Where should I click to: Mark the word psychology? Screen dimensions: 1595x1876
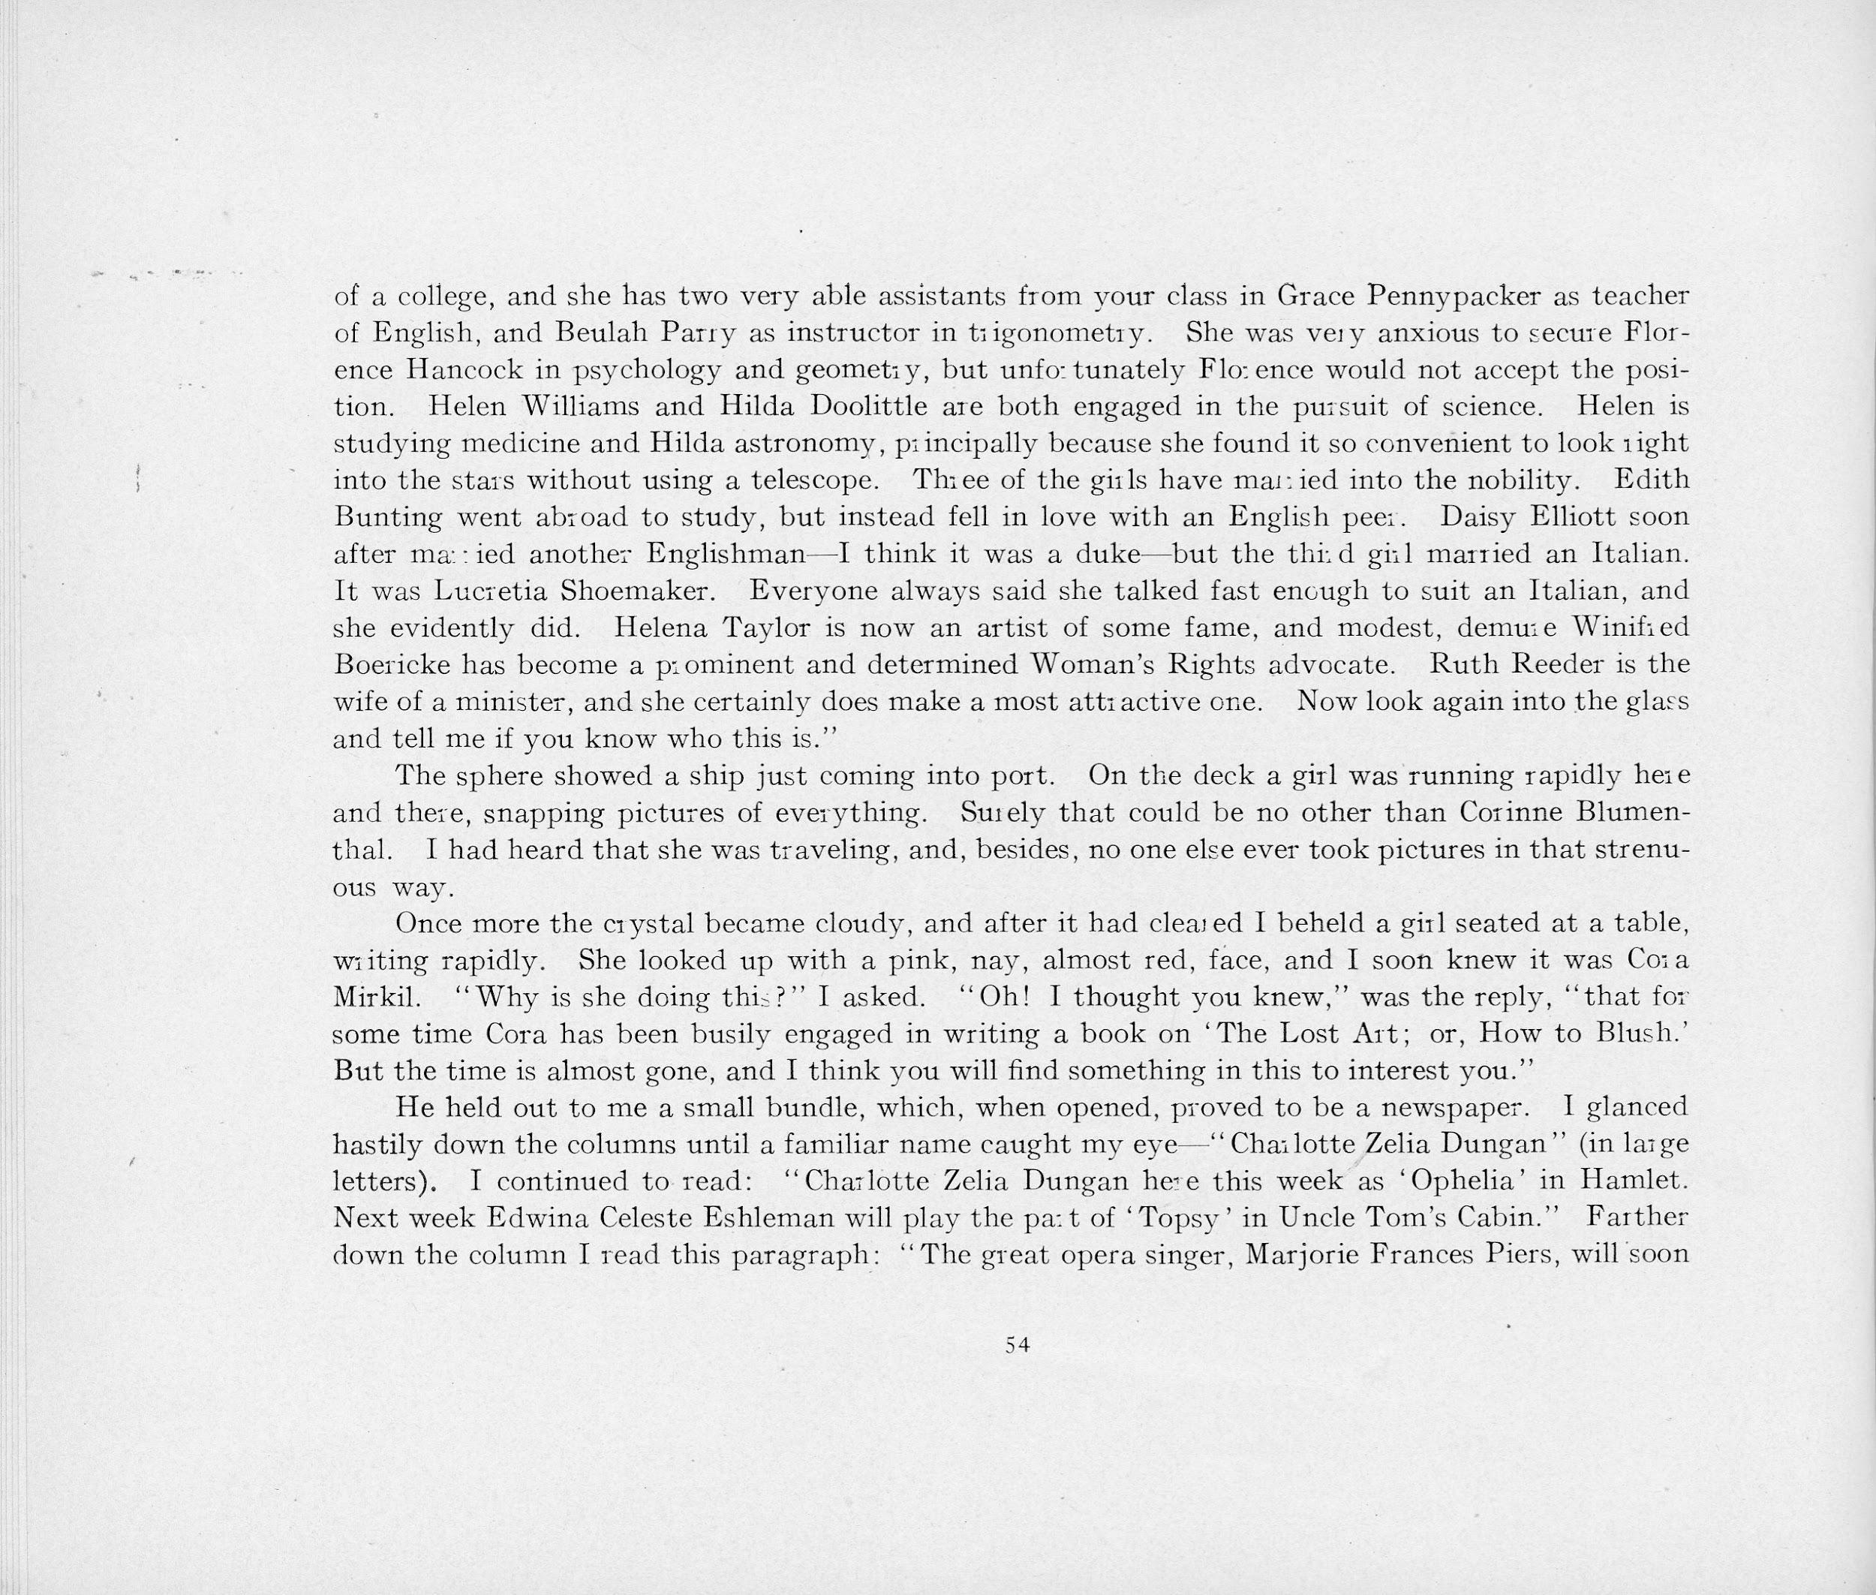pos(645,371)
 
